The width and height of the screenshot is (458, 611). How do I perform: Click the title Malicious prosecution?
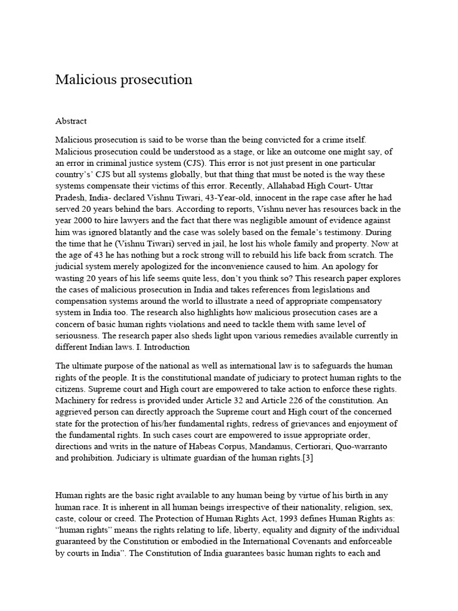pos(123,79)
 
